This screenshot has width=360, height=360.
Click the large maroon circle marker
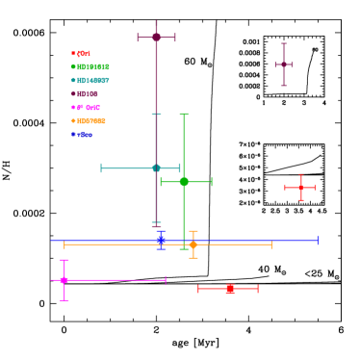tap(156, 38)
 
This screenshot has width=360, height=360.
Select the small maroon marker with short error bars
tap(283, 64)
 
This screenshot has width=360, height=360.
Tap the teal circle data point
tap(156, 168)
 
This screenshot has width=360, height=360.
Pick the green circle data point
tap(184, 182)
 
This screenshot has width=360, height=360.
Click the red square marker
tap(230, 289)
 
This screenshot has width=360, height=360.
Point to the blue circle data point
tap(161, 241)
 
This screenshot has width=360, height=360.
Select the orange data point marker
tap(193, 244)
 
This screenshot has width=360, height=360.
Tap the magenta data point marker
tap(64, 280)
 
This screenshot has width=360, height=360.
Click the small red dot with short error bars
tap(300, 188)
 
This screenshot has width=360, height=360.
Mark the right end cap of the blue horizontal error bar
tap(318, 241)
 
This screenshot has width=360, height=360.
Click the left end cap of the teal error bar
tap(101, 168)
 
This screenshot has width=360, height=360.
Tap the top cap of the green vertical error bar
tap(184, 115)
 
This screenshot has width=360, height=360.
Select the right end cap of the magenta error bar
tap(166, 280)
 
